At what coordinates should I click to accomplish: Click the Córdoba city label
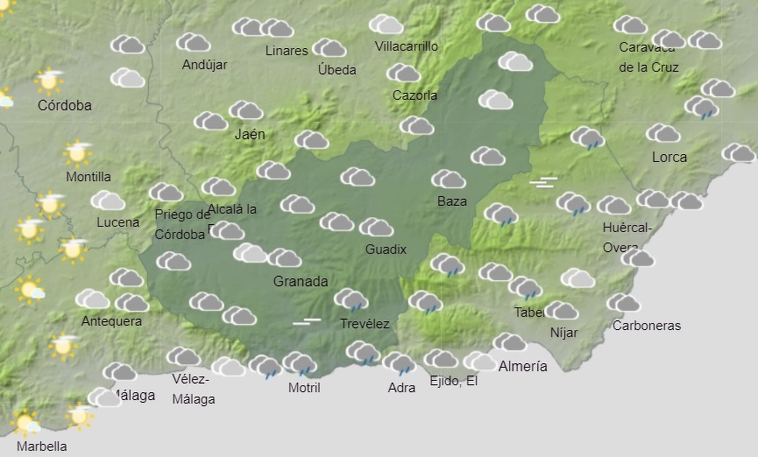click(x=64, y=105)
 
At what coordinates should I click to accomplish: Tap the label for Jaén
click(x=250, y=134)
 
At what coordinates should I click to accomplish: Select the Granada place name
click(x=300, y=281)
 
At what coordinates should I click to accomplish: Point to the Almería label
click(x=523, y=366)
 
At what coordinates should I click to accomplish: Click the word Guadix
click(x=386, y=249)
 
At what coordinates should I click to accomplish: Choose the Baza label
click(x=452, y=202)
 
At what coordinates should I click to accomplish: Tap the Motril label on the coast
click(x=304, y=388)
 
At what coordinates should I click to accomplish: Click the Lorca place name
click(x=669, y=157)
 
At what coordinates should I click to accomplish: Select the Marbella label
click(x=42, y=446)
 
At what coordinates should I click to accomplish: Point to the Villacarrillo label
click(x=406, y=46)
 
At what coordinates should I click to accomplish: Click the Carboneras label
click(x=646, y=325)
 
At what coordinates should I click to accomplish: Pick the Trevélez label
click(x=364, y=324)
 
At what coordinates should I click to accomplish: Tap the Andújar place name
click(x=205, y=65)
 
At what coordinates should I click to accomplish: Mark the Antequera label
click(x=111, y=321)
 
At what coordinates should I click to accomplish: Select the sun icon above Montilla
click(x=77, y=153)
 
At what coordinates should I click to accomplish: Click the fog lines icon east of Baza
click(x=543, y=182)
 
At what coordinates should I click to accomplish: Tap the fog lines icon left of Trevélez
click(x=307, y=322)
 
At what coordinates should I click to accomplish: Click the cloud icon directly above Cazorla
click(x=403, y=73)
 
